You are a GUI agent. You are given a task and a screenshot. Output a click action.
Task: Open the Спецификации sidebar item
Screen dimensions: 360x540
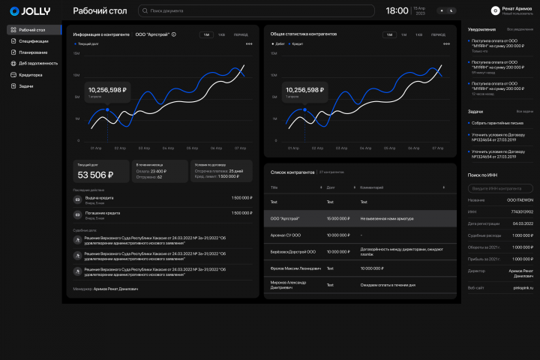(34, 41)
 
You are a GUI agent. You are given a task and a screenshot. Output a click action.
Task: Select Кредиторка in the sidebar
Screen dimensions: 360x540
(31, 75)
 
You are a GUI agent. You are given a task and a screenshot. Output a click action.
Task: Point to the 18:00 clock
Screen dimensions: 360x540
(397, 11)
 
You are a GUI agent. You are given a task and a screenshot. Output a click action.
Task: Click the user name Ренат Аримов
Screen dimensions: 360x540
(517, 8)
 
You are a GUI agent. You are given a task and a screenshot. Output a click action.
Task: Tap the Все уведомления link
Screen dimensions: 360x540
(520, 29)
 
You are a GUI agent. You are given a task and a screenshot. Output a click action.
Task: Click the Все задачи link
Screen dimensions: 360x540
(525, 112)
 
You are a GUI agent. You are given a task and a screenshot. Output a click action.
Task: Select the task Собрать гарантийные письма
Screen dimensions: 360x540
(496, 123)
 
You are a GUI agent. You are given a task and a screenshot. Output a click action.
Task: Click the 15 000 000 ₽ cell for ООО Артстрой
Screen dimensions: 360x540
(338, 218)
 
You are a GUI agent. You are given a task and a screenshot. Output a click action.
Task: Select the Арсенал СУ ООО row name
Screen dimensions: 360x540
(285, 235)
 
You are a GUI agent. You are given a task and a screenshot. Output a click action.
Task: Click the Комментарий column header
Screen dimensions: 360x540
(373, 187)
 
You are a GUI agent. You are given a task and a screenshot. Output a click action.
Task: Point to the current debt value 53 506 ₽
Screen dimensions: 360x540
(95, 175)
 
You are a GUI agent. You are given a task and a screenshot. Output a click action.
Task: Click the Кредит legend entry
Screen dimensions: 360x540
(298, 44)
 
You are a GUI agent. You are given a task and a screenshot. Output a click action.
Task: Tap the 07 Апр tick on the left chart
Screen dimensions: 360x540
(240, 148)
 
